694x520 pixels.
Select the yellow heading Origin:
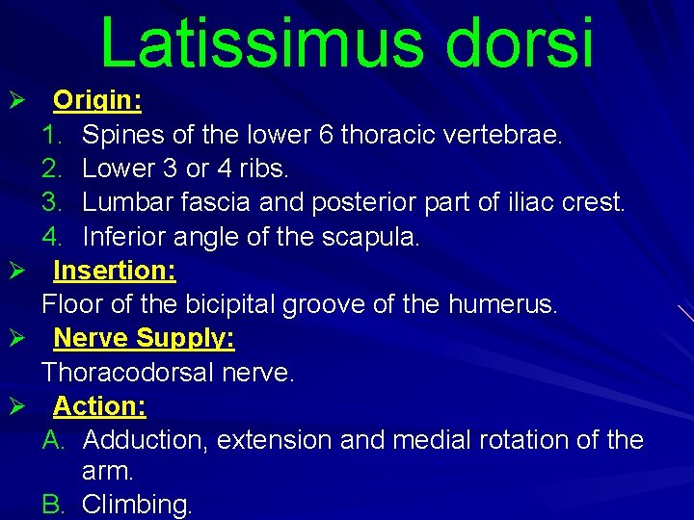(x=97, y=100)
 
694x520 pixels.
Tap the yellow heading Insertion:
(x=115, y=271)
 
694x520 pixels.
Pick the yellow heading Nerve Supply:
(x=145, y=339)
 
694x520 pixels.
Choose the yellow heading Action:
(x=99, y=406)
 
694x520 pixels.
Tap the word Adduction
(x=145, y=440)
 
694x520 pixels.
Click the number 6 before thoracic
(x=325, y=135)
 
